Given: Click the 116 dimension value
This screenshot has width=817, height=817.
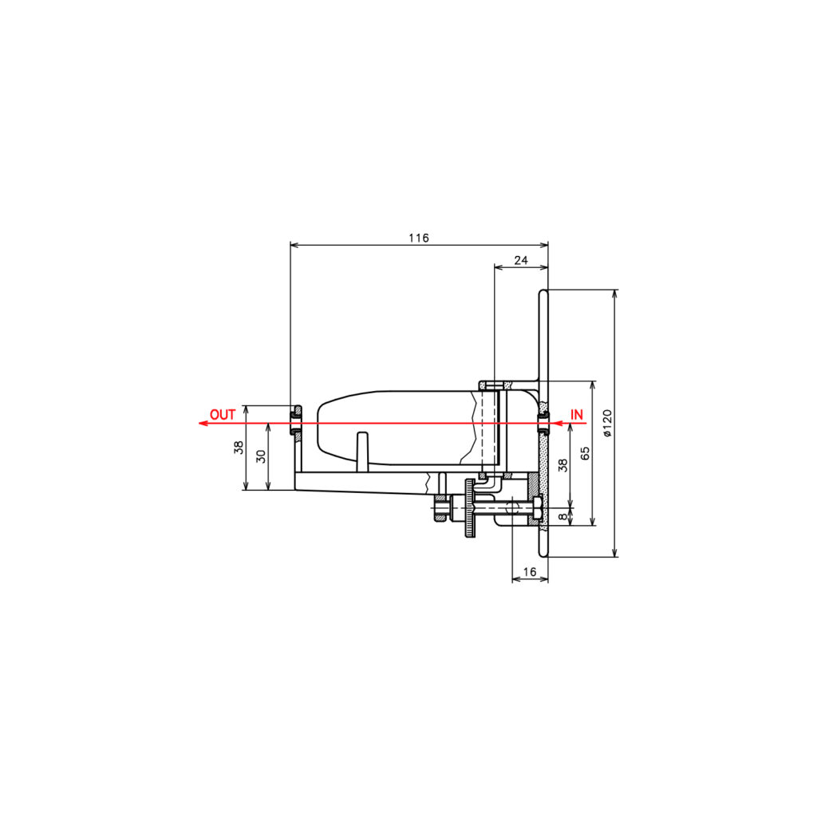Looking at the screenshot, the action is [x=418, y=238].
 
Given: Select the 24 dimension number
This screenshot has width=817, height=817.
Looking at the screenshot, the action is [x=521, y=260].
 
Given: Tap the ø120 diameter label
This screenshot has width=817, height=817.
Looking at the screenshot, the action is [x=607, y=423].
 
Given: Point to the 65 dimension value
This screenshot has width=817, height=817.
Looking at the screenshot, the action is [x=585, y=453].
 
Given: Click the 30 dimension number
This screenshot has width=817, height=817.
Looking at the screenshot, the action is [x=262, y=456].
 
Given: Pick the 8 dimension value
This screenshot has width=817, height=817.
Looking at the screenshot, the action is [x=562, y=516].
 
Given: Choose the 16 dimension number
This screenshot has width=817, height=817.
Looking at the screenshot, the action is [x=530, y=571].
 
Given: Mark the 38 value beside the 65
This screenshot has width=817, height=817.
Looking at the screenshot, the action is [x=562, y=465].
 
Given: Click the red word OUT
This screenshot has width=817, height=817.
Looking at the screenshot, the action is [x=223, y=415].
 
